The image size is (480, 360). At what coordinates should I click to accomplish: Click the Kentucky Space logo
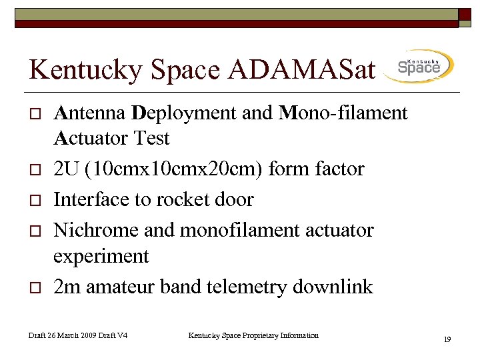419,67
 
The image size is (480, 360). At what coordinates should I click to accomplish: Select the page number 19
447,340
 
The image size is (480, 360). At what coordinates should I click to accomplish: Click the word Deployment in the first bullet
185,113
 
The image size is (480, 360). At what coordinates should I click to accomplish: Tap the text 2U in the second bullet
65,169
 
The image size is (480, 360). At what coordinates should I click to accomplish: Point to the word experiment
100,256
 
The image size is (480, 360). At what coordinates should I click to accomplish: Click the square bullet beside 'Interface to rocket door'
34,200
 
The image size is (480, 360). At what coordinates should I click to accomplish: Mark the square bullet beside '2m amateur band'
34,287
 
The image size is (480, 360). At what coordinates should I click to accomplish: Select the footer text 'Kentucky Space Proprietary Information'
253,335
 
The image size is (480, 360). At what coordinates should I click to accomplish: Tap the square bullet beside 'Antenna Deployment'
34,114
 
